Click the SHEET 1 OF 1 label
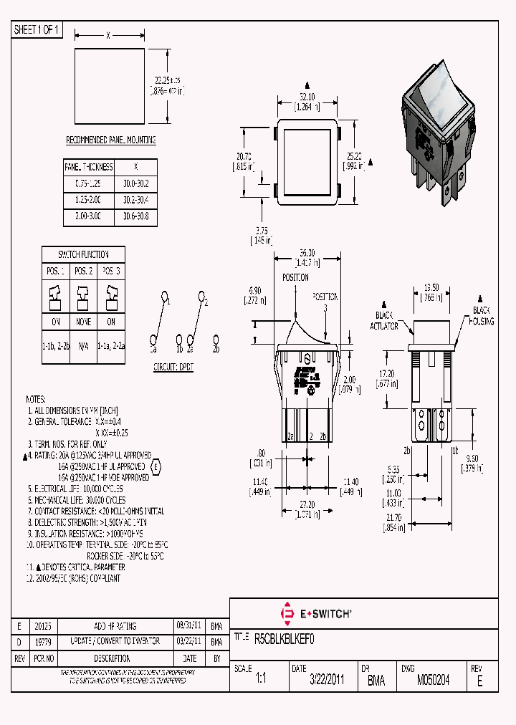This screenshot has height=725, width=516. [37, 30]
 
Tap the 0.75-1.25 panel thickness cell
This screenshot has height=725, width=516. [89, 183]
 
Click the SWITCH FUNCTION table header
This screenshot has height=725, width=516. [84, 254]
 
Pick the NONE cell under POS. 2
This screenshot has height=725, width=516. [84, 322]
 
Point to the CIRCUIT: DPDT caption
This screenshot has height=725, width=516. [173, 367]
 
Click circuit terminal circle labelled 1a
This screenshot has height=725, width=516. [153, 340]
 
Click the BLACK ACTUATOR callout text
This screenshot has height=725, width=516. [386, 320]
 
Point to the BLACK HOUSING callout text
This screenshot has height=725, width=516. [482, 316]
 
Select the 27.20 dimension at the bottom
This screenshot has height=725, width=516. [306, 504]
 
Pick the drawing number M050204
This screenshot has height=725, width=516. [433, 681]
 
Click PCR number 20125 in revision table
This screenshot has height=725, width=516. [43, 626]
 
